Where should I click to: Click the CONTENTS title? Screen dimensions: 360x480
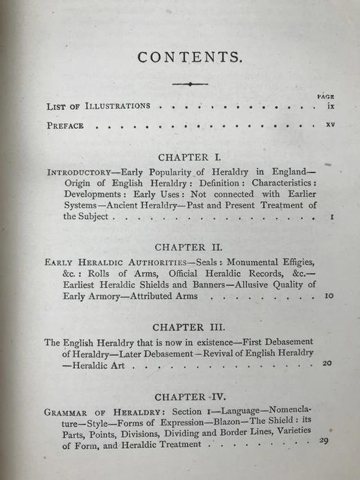pyautogui.click(x=190, y=57)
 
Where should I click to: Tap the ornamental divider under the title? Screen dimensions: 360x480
pyautogui.click(x=190, y=85)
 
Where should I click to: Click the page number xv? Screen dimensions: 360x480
pyautogui.click(x=330, y=127)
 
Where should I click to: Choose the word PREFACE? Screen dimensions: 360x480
pyautogui.click(x=65, y=127)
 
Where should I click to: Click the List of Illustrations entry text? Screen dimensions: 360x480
pyautogui.click(x=98, y=107)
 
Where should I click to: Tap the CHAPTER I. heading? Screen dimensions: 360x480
pyautogui.click(x=189, y=157)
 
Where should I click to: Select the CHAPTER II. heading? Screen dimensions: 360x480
pyautogui.click(x=189, y=247)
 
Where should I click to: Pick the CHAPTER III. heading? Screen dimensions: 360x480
pyautogui.click(x=189, y=325)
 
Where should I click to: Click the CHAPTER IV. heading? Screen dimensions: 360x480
pyautogui.click(x=189, y=397)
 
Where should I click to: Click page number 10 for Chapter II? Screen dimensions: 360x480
pyautogui.click(x=329, y=295)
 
